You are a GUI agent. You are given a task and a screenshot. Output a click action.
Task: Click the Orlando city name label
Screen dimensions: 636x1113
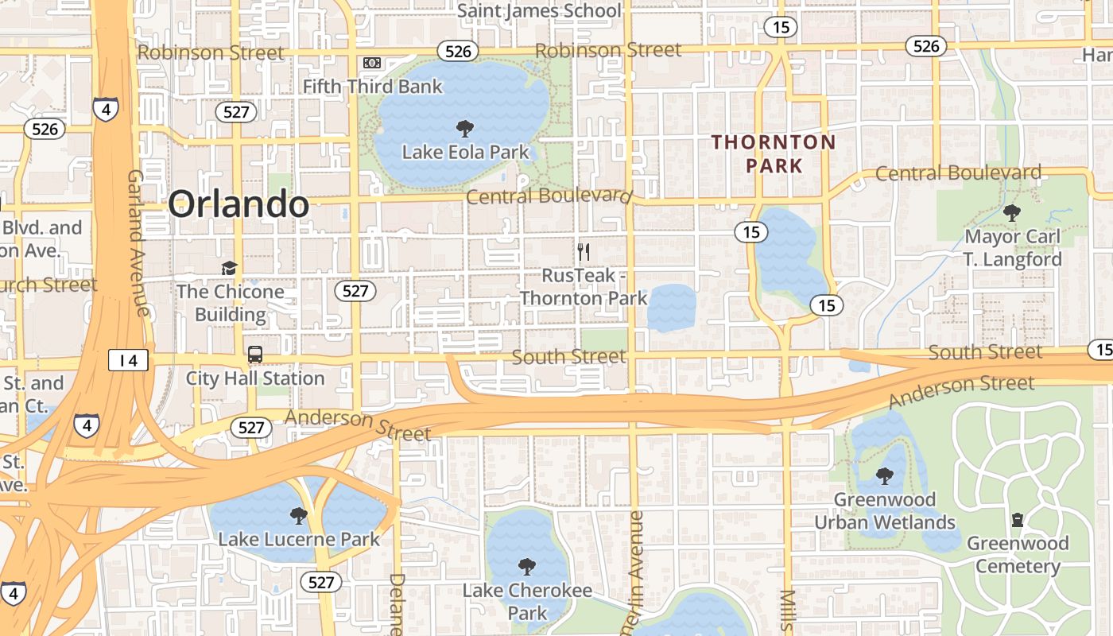coord(238,204)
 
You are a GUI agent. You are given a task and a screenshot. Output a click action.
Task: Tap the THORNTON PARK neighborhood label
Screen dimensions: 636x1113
coord(774,154)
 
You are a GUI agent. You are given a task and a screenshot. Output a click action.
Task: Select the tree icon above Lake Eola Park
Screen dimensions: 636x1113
coord(465,128)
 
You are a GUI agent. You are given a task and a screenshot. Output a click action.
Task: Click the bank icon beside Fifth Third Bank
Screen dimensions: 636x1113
coord(371,62)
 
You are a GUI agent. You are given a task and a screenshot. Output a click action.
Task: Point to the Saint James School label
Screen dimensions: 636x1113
coord(539,10)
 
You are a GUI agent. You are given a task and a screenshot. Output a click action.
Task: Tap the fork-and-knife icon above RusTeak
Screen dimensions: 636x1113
coord(584,252)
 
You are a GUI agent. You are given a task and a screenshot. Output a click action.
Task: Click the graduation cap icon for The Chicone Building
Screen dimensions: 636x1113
coord(230,268)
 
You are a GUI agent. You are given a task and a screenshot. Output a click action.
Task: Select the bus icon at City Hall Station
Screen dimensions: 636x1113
coord(255,355)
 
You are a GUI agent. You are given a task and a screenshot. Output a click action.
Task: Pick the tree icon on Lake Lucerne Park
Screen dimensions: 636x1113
coord(299,516)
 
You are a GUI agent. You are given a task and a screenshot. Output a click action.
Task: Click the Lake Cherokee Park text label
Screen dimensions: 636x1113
coord(527,602)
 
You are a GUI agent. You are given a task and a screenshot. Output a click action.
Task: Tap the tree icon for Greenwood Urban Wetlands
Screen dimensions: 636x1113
coord(884,476)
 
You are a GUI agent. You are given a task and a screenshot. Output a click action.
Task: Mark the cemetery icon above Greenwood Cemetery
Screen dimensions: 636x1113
coord(1017,521)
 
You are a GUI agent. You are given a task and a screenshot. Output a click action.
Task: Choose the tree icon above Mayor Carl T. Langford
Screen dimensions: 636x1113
coord(1012,212)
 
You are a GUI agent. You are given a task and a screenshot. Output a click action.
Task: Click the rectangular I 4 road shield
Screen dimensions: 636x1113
coord(129,360)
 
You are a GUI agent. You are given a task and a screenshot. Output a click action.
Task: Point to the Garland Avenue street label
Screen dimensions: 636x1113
coord(138,242)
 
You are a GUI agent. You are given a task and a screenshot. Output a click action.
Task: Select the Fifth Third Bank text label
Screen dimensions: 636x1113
coord(373,86)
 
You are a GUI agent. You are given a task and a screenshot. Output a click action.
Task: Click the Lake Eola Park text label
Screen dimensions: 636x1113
coord(465,151)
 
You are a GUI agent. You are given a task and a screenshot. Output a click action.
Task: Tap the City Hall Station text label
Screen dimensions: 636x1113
coord(255,378)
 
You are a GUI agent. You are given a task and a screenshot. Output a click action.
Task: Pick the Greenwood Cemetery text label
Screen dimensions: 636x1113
coord(1018,555)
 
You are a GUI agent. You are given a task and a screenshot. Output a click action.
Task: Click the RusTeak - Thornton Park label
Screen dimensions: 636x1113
coord(584,286)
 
